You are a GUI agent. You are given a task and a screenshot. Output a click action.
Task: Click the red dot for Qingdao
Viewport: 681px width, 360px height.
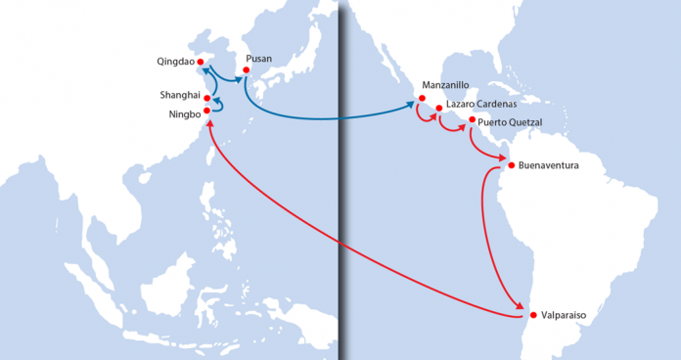[x=201, y=62]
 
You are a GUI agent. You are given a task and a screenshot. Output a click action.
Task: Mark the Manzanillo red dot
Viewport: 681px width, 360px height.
[x=422, y=99]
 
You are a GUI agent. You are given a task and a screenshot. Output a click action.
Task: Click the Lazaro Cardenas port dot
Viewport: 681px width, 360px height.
[x=438, y=109]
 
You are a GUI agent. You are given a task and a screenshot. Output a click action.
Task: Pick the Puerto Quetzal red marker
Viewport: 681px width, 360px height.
[x=473, y=120]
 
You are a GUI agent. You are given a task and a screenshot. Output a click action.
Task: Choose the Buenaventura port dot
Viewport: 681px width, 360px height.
[x=511, y=165]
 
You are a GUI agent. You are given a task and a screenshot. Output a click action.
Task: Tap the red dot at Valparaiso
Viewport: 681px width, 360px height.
[x=532, y=315]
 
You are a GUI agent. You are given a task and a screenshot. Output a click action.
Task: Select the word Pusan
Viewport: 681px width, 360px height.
[x=259, y=59]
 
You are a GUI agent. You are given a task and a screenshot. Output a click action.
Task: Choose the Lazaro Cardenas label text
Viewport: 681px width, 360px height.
[x=482, y=104]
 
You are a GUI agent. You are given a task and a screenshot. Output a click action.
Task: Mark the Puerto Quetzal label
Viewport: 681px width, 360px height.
[x=511, y=121]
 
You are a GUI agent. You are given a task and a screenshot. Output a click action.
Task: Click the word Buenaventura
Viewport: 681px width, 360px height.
[x=548, y=165]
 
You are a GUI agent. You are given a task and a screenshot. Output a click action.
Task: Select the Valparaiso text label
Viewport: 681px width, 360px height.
[x=565, y=316]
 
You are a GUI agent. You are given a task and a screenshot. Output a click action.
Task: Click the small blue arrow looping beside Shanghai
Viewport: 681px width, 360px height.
[x=218, y=104]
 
